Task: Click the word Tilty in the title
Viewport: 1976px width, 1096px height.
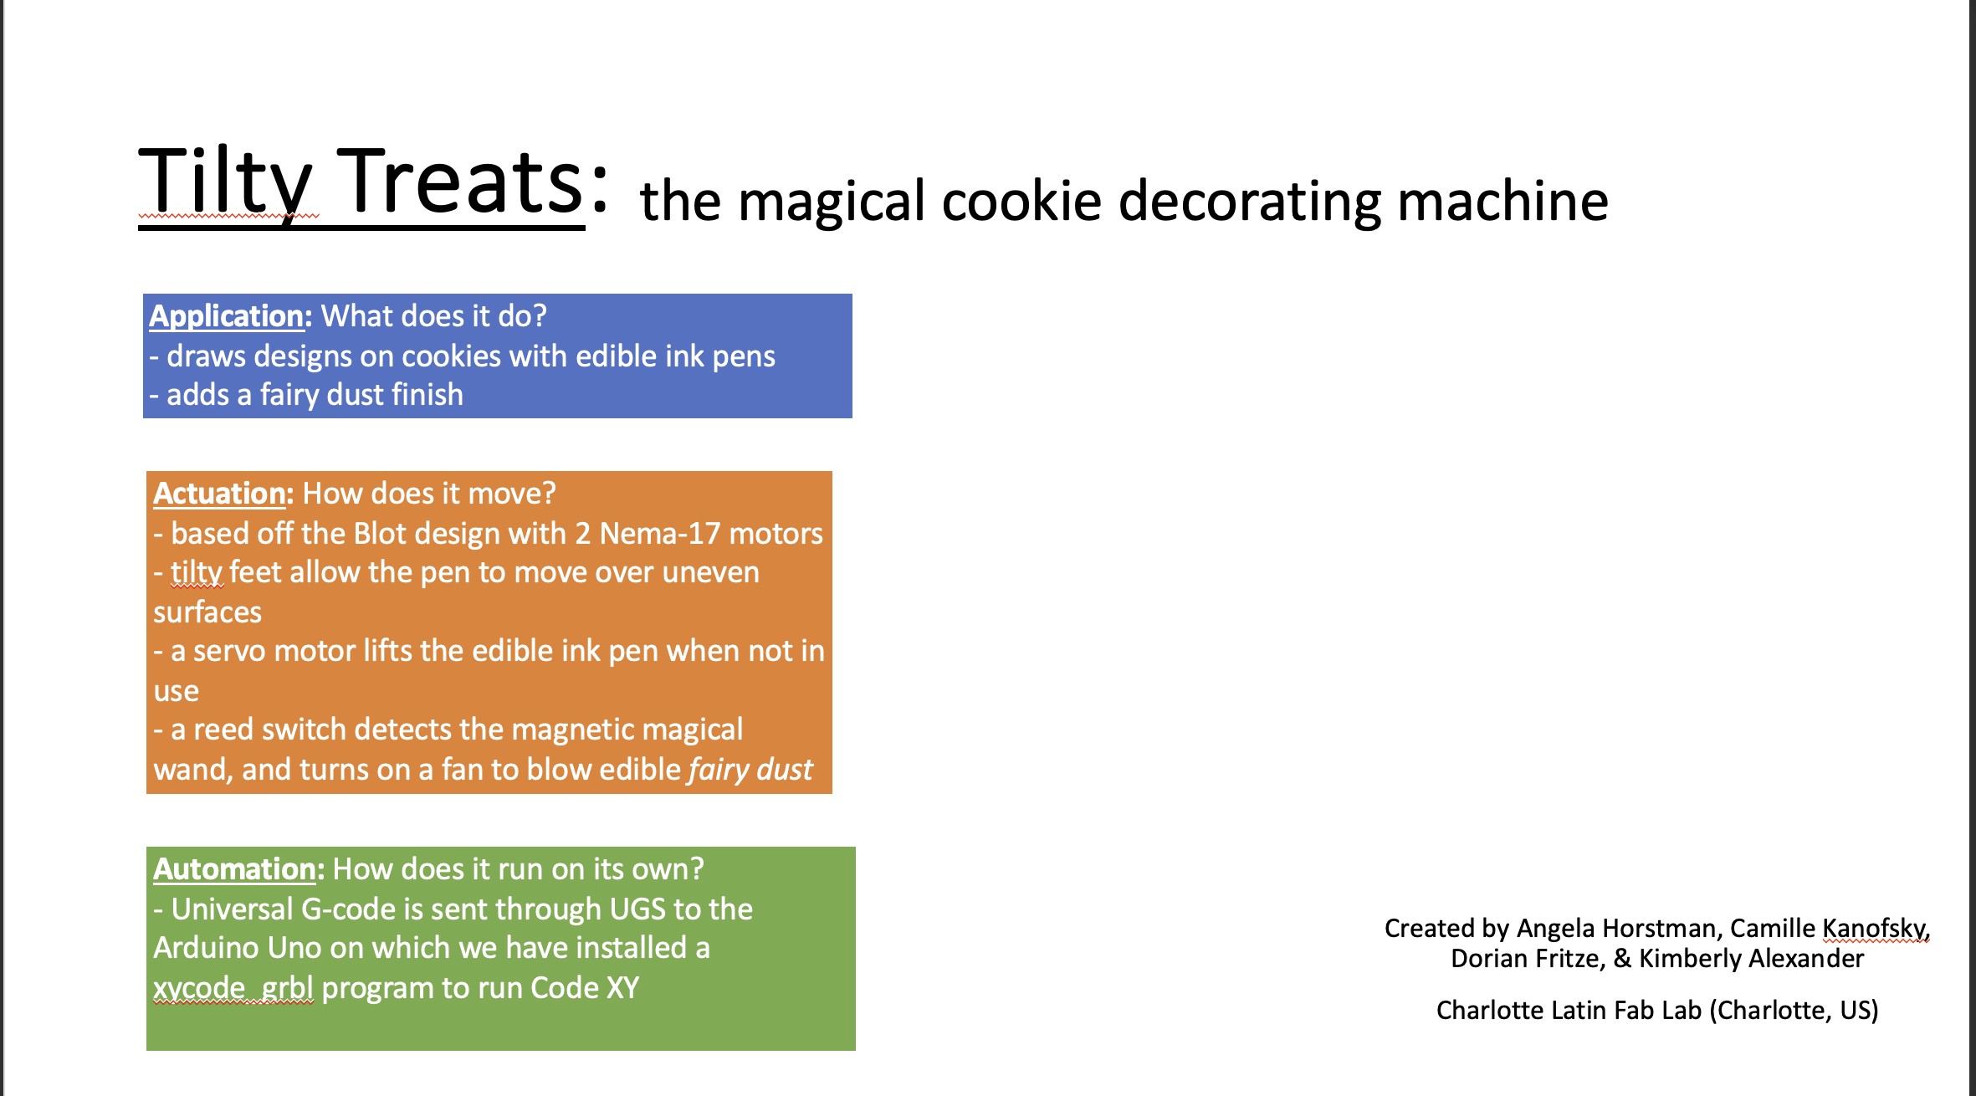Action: click(226, 182)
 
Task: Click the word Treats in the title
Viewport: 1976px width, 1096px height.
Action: click(463, 182)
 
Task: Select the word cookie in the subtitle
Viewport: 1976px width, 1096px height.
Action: click(1021, 202)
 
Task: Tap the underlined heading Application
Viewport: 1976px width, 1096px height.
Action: click(226, 316)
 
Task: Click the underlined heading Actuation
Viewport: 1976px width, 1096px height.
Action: click(219, 494)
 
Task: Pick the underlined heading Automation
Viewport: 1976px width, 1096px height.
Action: click(233, 869)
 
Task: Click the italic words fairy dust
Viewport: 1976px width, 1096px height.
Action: click(750, 770)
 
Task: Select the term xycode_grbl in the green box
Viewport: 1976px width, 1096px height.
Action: click(233, 988)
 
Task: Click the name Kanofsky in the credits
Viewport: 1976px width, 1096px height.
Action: click(1874, 929)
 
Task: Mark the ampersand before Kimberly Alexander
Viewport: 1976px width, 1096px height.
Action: click(1622, 959)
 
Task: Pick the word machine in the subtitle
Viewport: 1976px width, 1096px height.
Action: click(1502, 202)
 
